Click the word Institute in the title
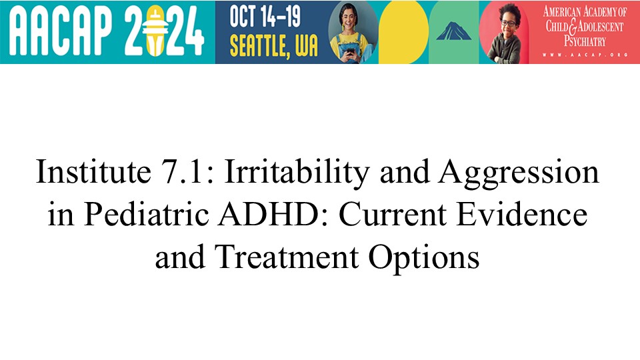93,172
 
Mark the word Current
393,215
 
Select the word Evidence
522,214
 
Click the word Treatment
287,257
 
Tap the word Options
424,259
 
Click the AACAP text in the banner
60,31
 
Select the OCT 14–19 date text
265,16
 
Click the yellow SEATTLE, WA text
273,45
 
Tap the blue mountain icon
453,31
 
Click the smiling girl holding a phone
353,33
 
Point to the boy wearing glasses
505,33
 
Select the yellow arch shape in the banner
403,32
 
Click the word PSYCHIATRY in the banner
585,41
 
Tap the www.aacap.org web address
585,55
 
